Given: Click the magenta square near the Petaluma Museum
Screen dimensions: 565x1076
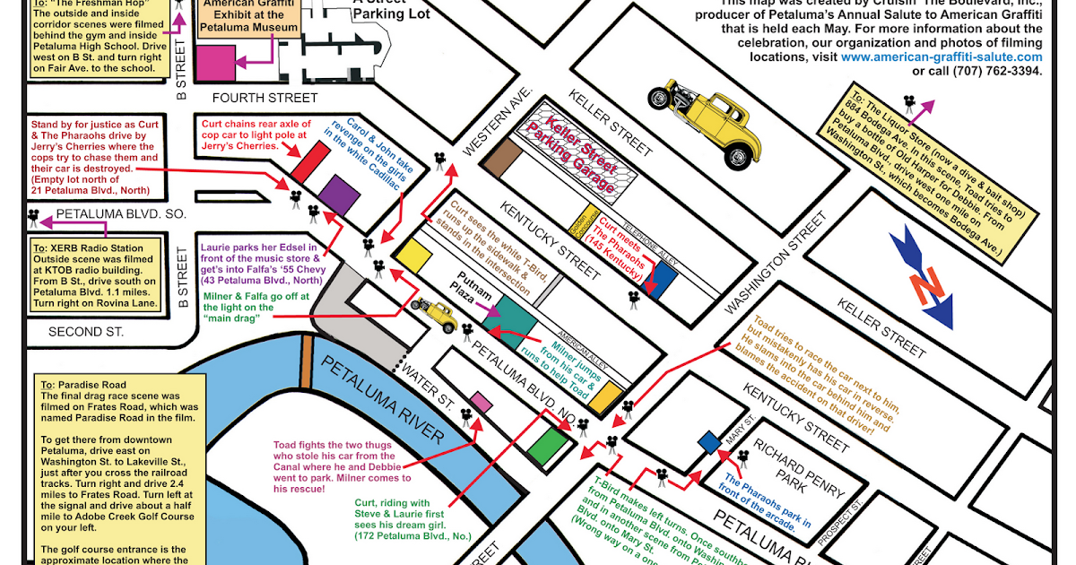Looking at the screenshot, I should (x=215, y=62).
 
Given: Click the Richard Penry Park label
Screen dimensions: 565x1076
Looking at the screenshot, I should (x=799, y=471).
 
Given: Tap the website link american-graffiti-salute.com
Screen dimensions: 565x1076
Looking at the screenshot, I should (x=941, y=56).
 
